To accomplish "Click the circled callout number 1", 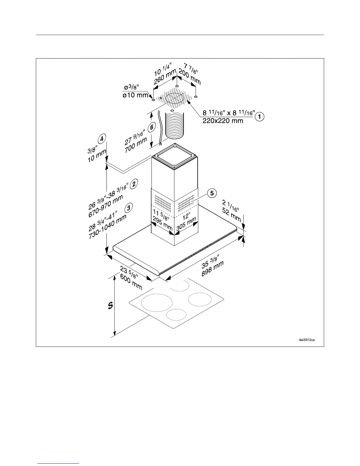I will (259, 117).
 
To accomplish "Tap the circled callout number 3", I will (128, 208).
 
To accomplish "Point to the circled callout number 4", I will (101, 139).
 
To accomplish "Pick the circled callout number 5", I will (212, 193).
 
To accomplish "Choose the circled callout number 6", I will (151, 128).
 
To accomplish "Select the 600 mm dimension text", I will (131, 282).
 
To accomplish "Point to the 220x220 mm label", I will (223, 121).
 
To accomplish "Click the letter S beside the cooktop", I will (110, 306).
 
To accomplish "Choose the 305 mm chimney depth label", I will (186, 224).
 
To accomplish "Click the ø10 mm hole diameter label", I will (135, 95).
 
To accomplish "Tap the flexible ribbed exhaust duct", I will (174, 124).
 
